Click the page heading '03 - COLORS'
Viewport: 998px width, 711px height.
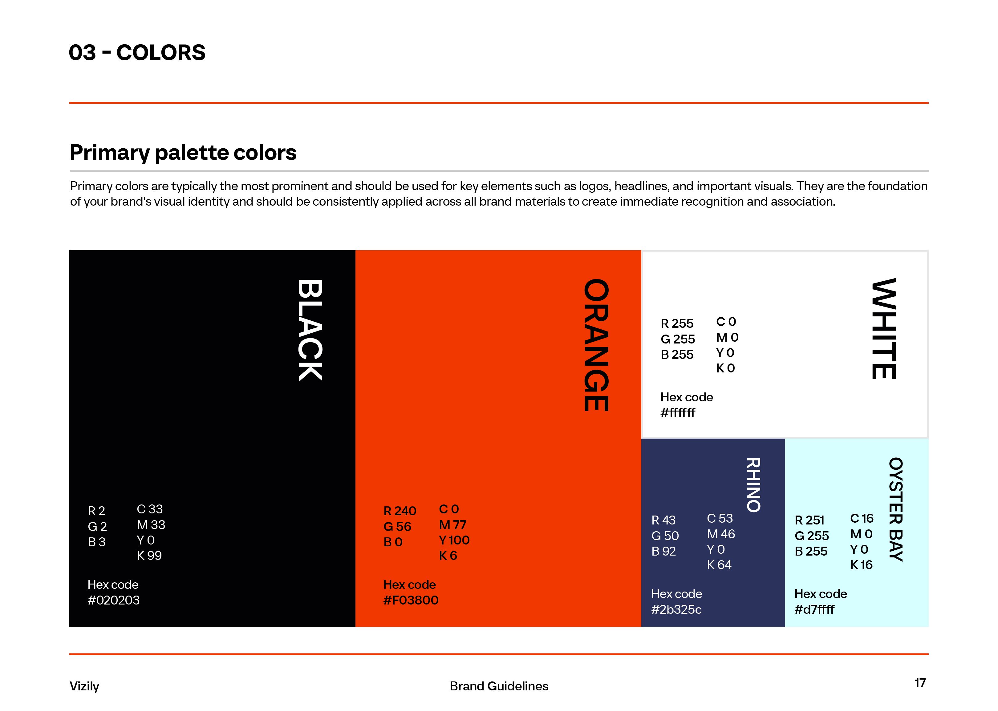pyautogui.click(x=137, y=53)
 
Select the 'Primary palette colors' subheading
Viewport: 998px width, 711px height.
pyautogui.click(x=183, y=153)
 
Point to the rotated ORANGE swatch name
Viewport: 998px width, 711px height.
pyautogui.click(x=596, y=345)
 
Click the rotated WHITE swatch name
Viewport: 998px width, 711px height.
pyautogui.click(x=884, y=328)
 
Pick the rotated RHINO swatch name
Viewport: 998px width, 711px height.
pyautogui.click(x=753, y=485)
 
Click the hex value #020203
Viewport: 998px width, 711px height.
pyautogui.click(x=113, y=600)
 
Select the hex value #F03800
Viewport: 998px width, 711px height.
pyautogui.click(x=411, y=600)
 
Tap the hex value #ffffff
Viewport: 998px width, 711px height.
pyautogui.click(x=678, y=413)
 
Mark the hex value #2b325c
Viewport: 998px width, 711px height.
pyautogui.click(x=676, y=609)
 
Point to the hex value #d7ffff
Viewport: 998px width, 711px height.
pyautogui.click(x=814, y=609)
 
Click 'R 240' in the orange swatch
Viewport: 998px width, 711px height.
pyautogui.click(x=400, y=511)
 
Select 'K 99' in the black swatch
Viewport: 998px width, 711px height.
pyautogui.click(x=149, y=556)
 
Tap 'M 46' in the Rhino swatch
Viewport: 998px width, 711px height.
pyautogui.click(x=721, y=534)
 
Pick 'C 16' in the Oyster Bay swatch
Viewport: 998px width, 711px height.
pyautogui.click(x=862, y=518)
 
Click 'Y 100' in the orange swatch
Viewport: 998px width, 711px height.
pyautogui.click(x=454, y=540)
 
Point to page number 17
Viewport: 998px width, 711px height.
pyautogui.click(x=920, y=683)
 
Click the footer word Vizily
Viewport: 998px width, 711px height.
pyautogui.click(x=84, y=686)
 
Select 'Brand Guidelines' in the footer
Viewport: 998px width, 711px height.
pyautogui.click(x=499, y=686)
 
